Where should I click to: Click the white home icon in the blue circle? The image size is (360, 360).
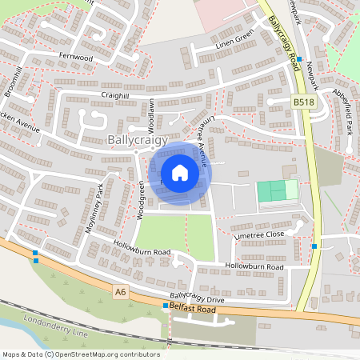coord(180,173)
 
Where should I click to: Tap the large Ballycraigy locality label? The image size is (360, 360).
coord(138,140)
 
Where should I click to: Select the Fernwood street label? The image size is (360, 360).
coord(77,58)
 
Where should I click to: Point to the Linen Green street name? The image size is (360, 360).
coord(233,36)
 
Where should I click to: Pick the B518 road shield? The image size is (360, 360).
coord(303,102)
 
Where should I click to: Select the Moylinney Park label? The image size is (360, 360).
coord(95,208)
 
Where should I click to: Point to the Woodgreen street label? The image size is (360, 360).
coord(141,200)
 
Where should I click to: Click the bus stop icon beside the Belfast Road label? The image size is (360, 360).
coord(166,306)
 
